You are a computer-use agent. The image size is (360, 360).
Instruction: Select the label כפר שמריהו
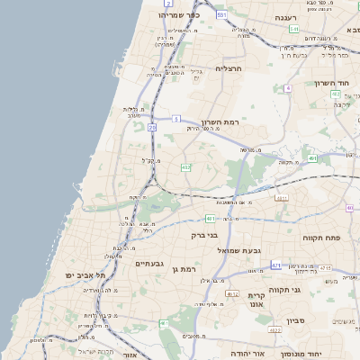pos(177,15)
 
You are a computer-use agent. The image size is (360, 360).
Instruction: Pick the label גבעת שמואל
pos(239,249)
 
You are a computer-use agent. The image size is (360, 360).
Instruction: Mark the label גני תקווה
pos(309,290)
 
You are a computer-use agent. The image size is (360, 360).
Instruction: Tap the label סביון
pos(297,320)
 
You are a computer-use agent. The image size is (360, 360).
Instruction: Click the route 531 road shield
pos(221,15)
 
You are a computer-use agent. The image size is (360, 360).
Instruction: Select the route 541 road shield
pos(293,30)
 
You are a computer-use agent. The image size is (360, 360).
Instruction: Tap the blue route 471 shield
pos(275,265)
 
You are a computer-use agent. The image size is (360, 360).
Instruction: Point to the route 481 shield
pos(210,218)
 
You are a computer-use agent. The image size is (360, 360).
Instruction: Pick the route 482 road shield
pos(186,167)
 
